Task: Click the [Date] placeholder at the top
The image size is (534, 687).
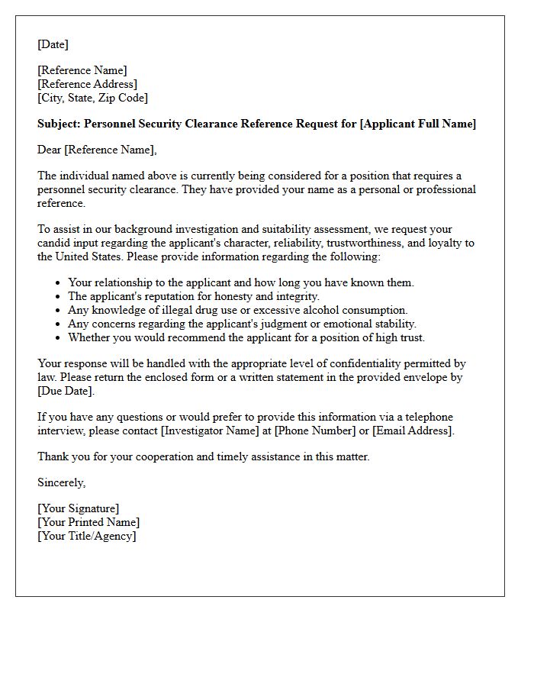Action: (x=53, y=44)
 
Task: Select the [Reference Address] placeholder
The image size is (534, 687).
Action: (x=87, y=84)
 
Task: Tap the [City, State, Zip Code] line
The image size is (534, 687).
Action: (x=92, y=98)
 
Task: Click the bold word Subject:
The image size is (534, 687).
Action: (x=59, y=124)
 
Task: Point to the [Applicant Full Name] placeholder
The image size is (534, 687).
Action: (x=417, y=124)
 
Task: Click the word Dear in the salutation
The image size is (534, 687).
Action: (x=50, y=150)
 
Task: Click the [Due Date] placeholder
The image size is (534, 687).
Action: (x=66, y=391)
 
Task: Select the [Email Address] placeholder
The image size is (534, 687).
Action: (x=412, y=431)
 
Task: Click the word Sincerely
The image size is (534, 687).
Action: (x=61, y=482)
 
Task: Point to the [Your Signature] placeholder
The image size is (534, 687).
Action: (x=78, y=508)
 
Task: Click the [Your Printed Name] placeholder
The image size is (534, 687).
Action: (x=88, y=522)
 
